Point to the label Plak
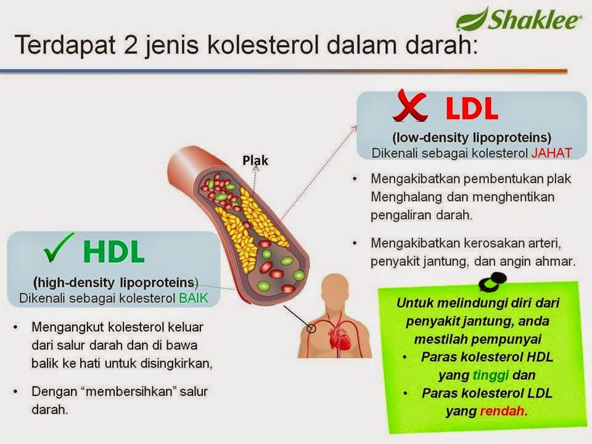(255, 160)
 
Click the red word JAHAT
(552, 152)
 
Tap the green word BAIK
(193, 298)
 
